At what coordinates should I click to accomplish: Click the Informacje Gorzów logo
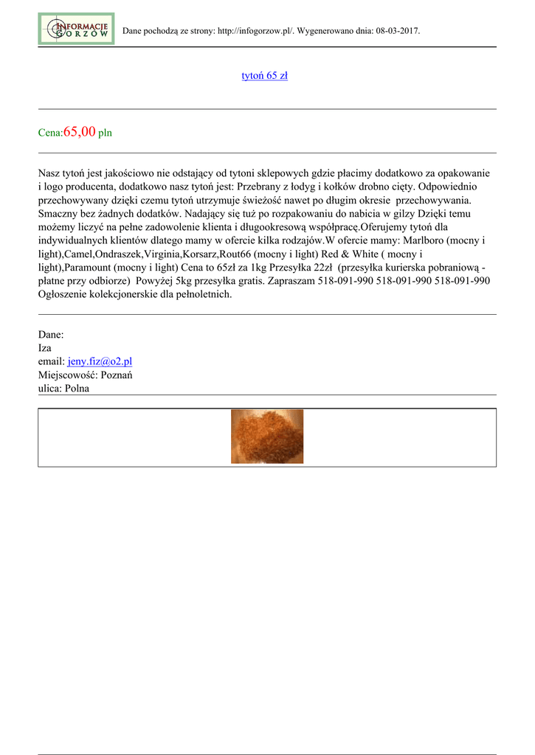click(76, 29)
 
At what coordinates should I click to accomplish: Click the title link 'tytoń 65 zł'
click(265, 76)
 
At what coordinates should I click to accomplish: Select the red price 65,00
click(80, 132)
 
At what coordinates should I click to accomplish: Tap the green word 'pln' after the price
click(106, 133)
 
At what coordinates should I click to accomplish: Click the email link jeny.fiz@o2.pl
click(100, 361)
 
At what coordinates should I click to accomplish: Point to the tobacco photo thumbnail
click(267, 436)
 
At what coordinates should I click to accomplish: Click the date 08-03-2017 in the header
click(397, 32)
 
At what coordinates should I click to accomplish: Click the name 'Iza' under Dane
click(45, 348)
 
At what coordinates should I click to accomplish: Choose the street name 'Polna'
click(77, 388)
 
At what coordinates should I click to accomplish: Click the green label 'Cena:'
click(51, 133)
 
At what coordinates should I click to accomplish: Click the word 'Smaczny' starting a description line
click(61, 213)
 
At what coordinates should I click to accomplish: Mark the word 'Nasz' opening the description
click(50, 173)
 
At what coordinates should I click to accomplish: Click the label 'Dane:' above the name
click(51, 335)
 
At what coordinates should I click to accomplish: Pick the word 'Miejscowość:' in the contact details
click(68, 375)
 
